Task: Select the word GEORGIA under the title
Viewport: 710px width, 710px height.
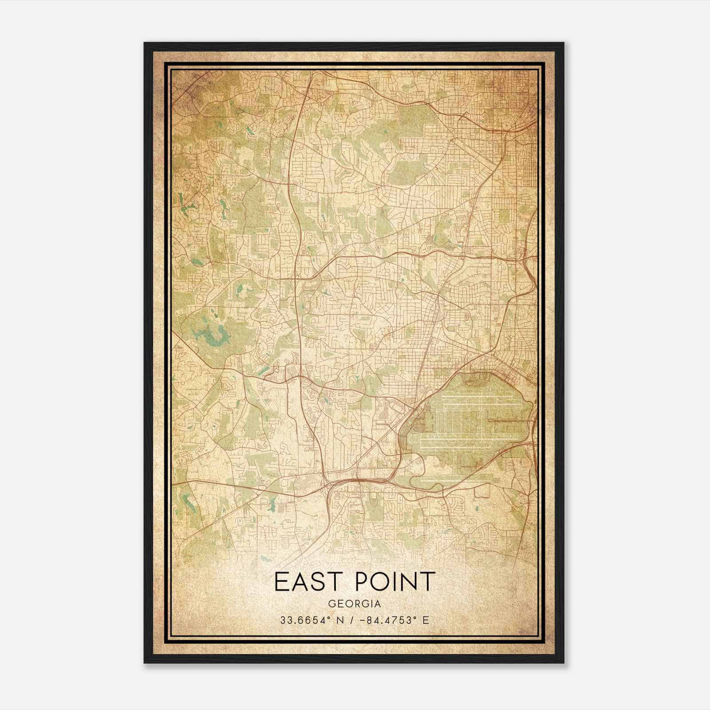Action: [x=354, y=604]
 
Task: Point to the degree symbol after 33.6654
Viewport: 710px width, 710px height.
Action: [x=326, y=617]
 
